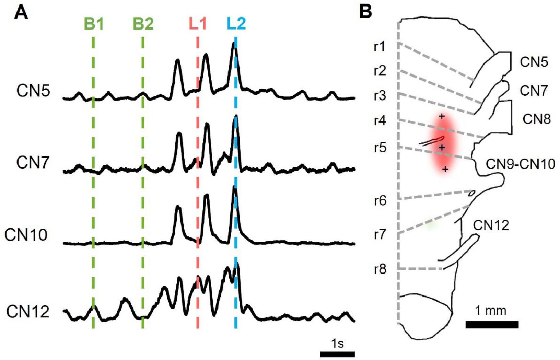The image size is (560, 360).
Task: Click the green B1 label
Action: pyautogui.click(x=94, y=24)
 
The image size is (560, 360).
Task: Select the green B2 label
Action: pyautogui.click(x=143, y=24)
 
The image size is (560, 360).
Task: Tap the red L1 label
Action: pyautogui.click(x=198, y=24)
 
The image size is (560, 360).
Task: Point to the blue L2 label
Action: pyautogui.click(x=236, y=24)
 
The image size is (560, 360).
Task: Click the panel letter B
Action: pyautogui.click(x=366, y=12)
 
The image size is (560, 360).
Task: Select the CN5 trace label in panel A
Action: pyautogui.click(x=33, y=91)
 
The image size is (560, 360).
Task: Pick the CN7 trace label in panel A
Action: pyautogui.click(x=33, y=163)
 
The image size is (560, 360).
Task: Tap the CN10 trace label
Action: pyautogui.click(x=26, y=235)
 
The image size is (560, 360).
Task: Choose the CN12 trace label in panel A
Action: pyautogui.click(x=28, y=312)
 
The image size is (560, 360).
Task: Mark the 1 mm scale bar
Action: pyautogui.click(x=492, y=324)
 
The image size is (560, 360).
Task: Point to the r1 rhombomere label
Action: pyautogui.click(x=380, y=47)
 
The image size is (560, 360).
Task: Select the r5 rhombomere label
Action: pyautogui.click(x=380, y=148)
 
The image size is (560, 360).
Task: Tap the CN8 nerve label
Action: pyautogui.click(x=537, y=119)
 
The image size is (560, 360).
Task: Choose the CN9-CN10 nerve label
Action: pyautogui.click(x=520, y=164)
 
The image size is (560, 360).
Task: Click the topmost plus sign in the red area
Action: pyautogui.click(x=442, y=116)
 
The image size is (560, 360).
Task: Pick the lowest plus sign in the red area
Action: pyautogui.click(x=445, y=169)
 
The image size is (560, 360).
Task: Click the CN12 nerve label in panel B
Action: pyautogui.click(x=491, y=225)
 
